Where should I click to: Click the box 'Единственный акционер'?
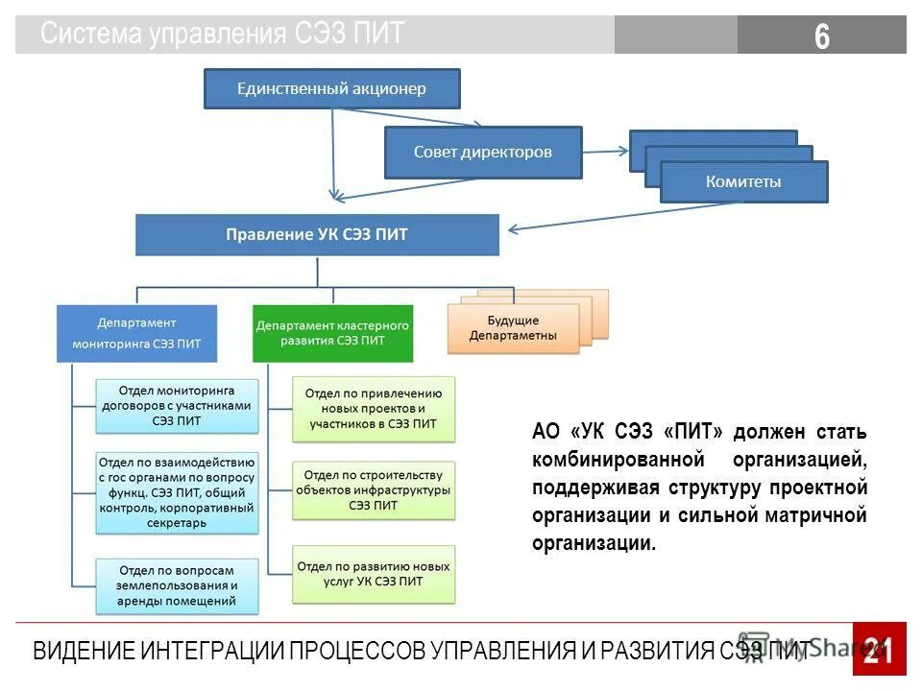tap(331, 89)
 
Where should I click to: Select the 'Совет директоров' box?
tap(483, 153)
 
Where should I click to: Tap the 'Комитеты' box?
tap(743, 181)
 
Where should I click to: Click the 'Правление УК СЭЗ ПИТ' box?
tap(317, 235)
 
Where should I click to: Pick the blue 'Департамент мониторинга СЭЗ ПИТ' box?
tap(136, 333)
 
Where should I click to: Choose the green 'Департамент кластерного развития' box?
tap(332, 333)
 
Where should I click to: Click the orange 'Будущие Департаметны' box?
tap(513, 328)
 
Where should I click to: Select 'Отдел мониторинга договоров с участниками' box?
tap(177, 405)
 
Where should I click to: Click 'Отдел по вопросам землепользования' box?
tap(177, 584)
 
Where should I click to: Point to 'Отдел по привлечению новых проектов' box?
tap(373, 408)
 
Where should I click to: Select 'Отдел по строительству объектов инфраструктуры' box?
tap(373, 489)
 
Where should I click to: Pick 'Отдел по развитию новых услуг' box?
tap(373, 574)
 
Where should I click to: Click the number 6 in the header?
tap(821, 36)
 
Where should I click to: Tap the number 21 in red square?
tap(878, 650)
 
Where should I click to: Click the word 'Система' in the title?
tap(91, 35)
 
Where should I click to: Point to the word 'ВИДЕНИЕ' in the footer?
tap(84, 651)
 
